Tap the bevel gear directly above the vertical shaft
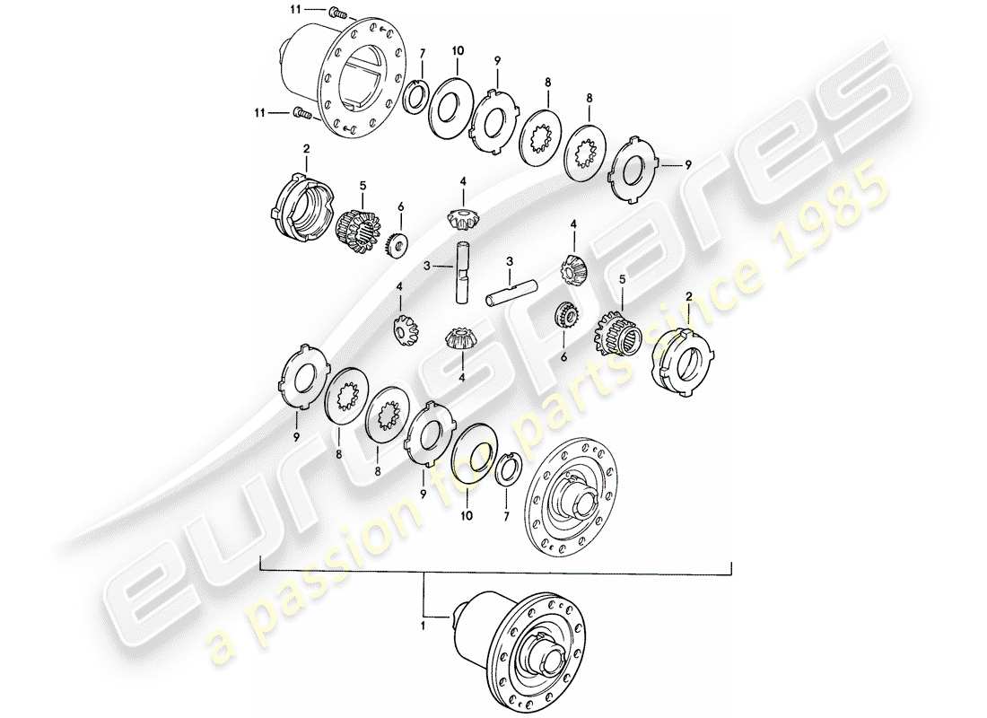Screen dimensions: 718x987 click(462, 217)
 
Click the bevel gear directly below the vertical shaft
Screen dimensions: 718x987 click(460, 339)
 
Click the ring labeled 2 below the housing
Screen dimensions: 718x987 click(302, 206)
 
